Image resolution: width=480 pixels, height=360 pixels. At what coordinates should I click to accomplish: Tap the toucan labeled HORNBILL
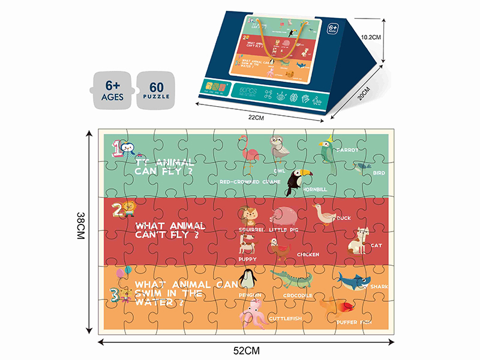[296, 182]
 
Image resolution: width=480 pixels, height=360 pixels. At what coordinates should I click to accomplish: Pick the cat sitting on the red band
[358, 241]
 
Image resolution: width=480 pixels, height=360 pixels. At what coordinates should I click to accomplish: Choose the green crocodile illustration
[292, 278]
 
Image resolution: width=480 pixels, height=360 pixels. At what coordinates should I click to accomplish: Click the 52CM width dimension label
[246, 349]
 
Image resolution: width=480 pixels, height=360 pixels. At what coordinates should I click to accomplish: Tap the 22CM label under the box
[256, 118]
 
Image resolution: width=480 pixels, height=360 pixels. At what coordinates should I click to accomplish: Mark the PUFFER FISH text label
[354, 322]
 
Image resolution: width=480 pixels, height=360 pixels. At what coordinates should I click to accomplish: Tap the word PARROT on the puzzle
[347, 149]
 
